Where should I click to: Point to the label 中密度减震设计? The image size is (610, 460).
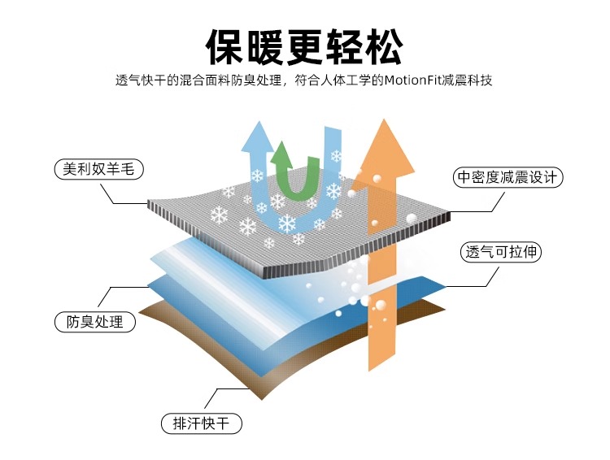point(508,177)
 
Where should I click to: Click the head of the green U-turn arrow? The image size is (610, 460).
point(282,154)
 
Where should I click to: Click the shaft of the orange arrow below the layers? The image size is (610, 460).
point(382,341)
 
